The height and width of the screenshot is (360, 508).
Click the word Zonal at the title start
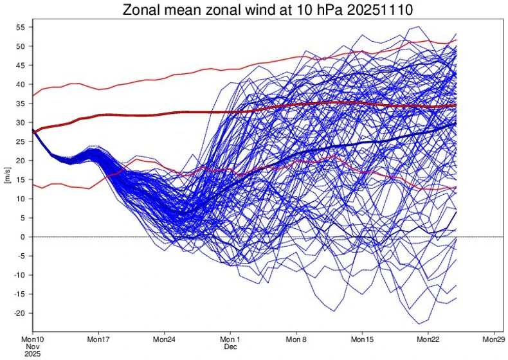pyautogui.click(x=141, y=10)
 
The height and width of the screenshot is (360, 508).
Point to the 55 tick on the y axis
pyautogui.click(x=20, y=27)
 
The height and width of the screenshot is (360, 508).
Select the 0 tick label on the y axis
pyautogui.click(x=23, y=237)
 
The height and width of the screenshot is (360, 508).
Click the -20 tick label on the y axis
pyautogui.click(x=19, y=313)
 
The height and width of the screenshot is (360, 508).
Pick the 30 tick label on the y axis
pyautogui.click(x=20, y=122)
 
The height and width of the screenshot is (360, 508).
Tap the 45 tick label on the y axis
pyautogui.click(x=20, y=65)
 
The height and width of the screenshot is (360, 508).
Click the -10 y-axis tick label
pyautogui.click(x=19, y=274)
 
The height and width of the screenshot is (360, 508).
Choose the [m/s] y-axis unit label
pyautogui.click(x=7, y=179)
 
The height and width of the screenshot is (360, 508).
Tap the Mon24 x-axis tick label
pyautogui.click(x=164, y=339)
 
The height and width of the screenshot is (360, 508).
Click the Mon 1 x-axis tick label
pyautogui.click(x=230, y=339)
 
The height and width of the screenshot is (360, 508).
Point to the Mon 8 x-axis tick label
pyautogui.click(x=296, y=339)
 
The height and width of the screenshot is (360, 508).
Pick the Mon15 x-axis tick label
pyautogui.click(x=362, y=339)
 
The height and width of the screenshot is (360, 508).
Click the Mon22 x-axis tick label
pyautogui.click(x=428, y=339)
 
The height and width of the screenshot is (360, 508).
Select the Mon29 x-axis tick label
pyautogui.click(x=493, y=339)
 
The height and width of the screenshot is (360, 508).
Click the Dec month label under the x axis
pyautogui.click(x=230, y=346)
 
